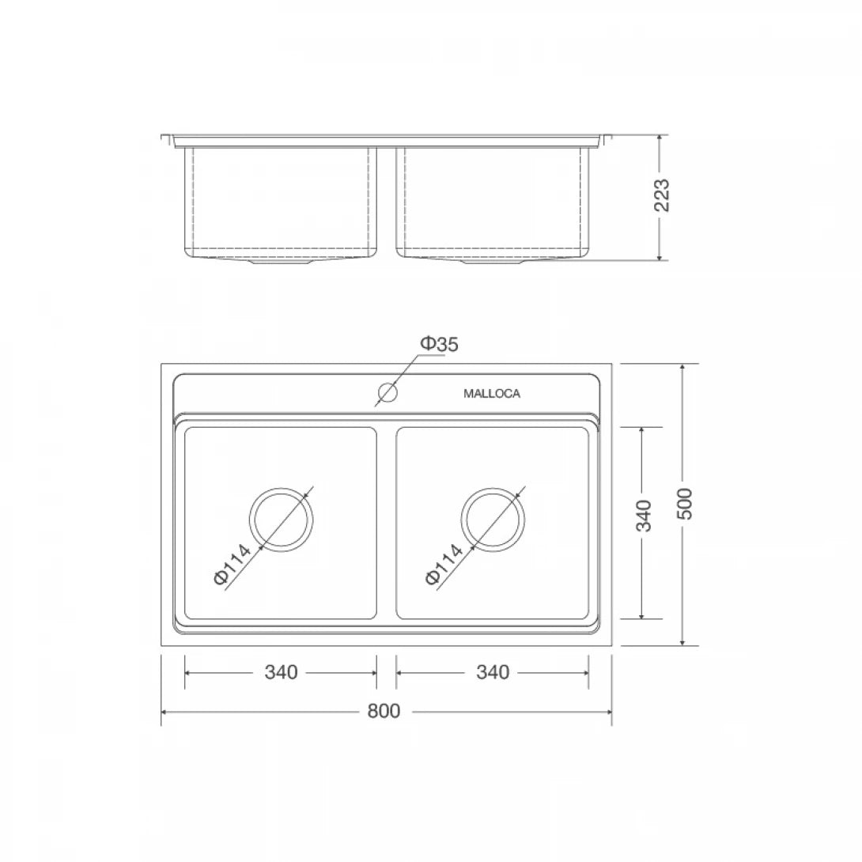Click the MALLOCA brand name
coord(491,394)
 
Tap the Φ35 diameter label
coord(439,344)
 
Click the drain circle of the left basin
coord(282,520)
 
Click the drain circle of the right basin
coord(493,520)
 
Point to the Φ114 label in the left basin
coord(233,565)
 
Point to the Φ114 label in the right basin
coord(444,565)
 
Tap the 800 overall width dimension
coord(384,711)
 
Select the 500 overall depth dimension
coord(685,504)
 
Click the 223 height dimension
coord(662,195)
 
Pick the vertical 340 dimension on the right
coord(644,516)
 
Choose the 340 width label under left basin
coord(281,672)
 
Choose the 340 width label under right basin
coord(493,672)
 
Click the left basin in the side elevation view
coord(280,202)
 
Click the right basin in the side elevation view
coord(493,202)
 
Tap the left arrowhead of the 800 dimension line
coord(164,712)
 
